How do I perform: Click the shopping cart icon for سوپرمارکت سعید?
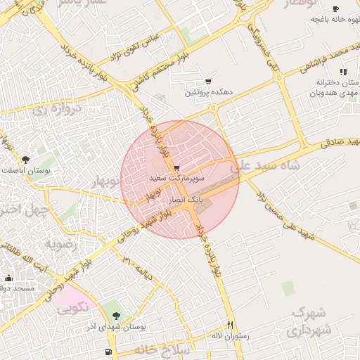176,168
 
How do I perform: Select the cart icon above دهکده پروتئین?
208,82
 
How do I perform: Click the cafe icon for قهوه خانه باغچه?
335,8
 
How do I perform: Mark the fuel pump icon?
107,352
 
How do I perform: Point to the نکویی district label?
72,307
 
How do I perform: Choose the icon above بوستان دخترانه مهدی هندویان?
342,72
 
